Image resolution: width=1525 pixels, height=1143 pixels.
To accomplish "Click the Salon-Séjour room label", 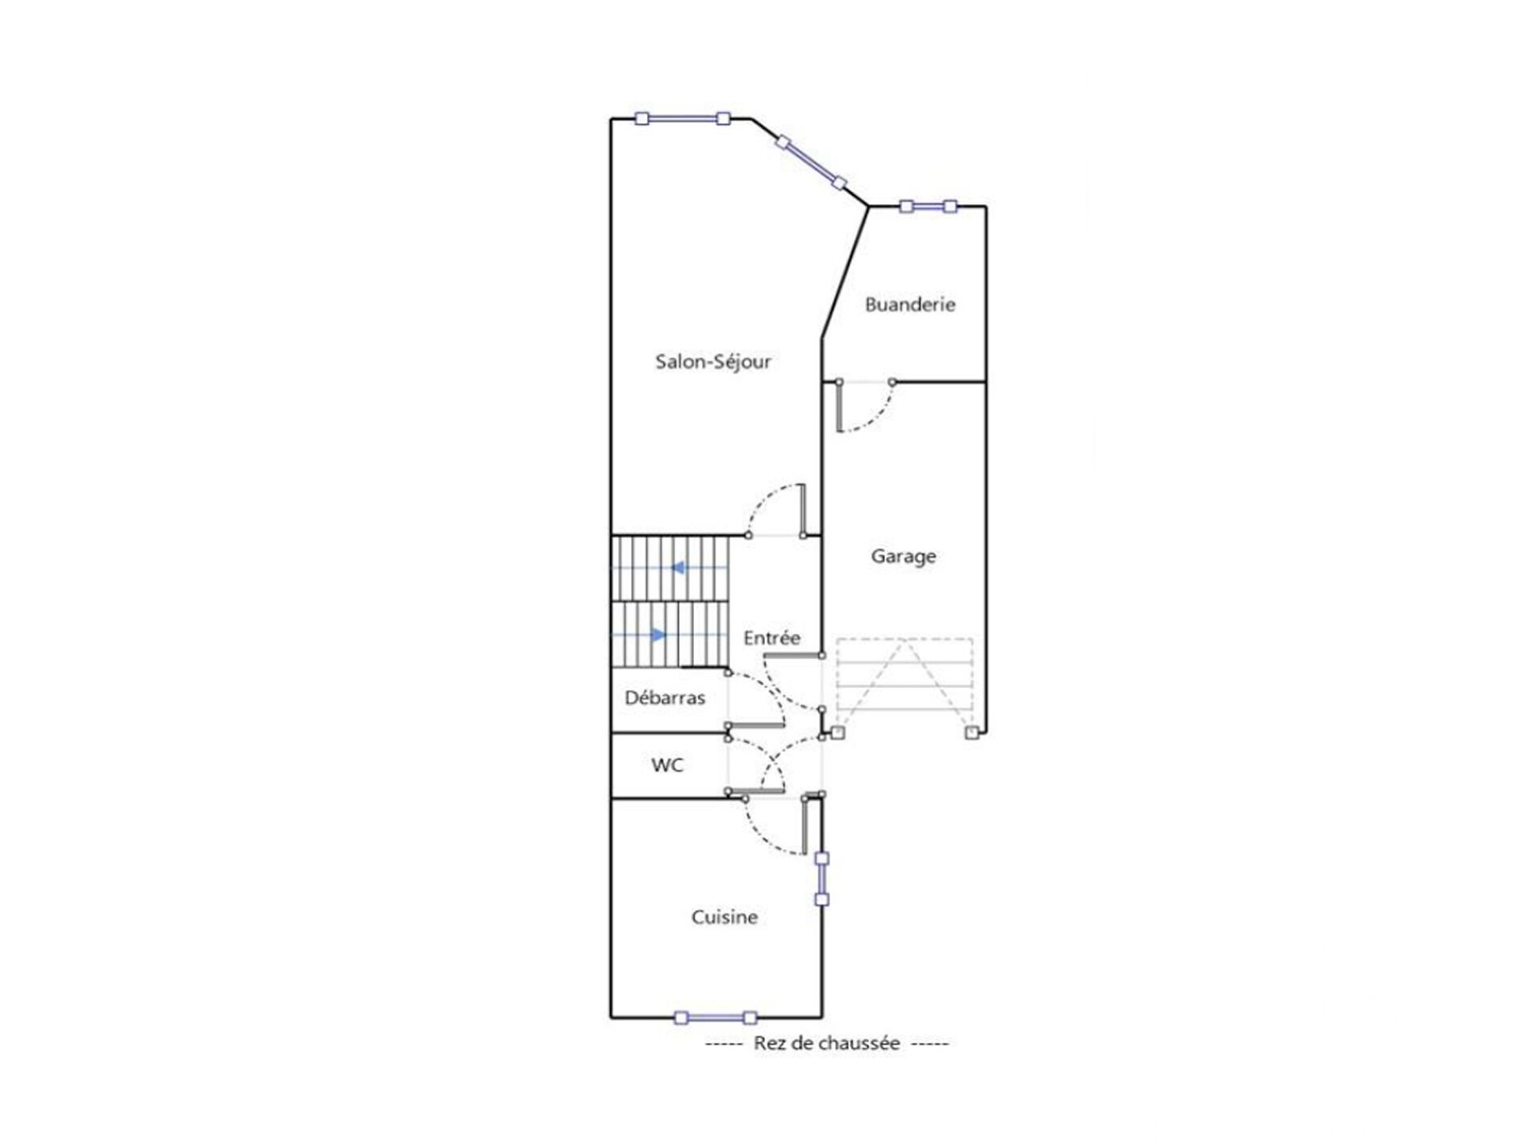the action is click(712, 362).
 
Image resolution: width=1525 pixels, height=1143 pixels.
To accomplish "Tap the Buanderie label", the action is click(910, 304).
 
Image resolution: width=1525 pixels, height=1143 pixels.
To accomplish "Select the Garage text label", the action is click(904, 557).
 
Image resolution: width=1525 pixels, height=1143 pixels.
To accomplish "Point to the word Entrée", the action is click(772, 638).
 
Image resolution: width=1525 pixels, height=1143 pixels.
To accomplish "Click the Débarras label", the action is click(665, 698).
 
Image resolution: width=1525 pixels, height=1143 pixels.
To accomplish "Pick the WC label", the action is click(667, 765).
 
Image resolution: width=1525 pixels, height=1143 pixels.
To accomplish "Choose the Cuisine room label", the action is click(725, 917).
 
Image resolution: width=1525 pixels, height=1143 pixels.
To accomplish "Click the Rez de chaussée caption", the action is click(827, 1043).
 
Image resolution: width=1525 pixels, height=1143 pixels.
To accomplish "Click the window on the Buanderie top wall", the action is click(928, 206).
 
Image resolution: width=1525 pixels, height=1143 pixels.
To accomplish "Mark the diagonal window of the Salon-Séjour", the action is click(811, 162).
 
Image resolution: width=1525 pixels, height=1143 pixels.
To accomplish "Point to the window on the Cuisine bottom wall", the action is click(715, 1018).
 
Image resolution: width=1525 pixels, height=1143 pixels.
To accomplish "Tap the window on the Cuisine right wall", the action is click(821, 878).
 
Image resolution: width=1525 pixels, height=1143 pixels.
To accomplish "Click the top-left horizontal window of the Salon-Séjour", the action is click(683, 119).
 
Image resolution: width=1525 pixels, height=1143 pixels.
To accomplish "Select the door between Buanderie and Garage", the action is click(866, 406).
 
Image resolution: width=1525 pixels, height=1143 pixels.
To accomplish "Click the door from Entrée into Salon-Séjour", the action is click(776, 511).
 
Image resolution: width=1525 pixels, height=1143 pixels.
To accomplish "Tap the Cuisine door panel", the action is click(804, 824).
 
